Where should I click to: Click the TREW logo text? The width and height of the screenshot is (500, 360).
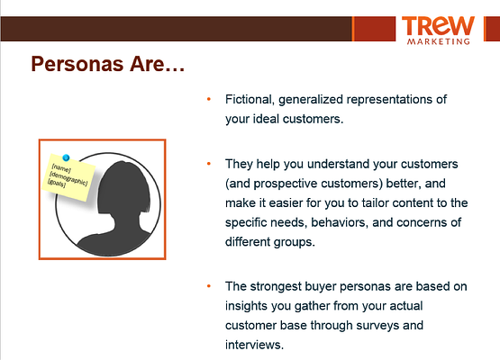(438, 26)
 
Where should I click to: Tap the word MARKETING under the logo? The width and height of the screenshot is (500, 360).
(439, 41)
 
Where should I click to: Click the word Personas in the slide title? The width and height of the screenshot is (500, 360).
(77, 64)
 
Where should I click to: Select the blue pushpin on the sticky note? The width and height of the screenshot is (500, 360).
(66, 157)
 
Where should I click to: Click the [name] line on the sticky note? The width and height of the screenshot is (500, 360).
(61, 168)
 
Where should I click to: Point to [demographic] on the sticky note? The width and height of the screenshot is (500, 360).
(68, 178)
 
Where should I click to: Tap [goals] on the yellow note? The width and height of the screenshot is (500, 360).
(57, 184)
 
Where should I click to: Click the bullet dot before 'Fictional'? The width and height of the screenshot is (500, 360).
(209, 99)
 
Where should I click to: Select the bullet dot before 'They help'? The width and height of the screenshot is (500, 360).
(209, 164)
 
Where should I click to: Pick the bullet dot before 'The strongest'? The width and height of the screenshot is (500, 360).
(209, 286)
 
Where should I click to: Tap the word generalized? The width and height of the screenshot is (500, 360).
(311, 100)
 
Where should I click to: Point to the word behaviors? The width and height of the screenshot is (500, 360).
(340, 222)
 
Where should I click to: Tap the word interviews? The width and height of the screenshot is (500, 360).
(254, 345)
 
